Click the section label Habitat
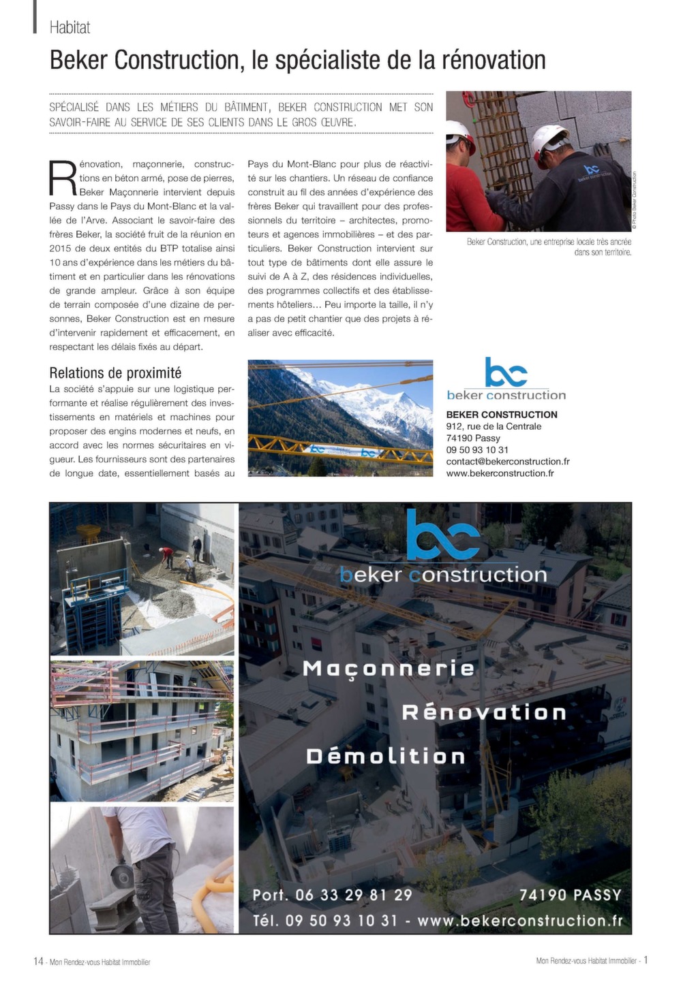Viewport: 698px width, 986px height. [70, 27]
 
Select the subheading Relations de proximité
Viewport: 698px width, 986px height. [115, 372]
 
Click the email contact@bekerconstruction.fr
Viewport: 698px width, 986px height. [507, 461]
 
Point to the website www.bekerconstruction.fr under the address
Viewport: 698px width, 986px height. [500, 473]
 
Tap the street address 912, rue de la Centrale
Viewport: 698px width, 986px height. [494, 426]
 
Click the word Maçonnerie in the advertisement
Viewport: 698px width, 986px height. [389, 668]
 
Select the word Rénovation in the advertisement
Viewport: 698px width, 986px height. [484, 712]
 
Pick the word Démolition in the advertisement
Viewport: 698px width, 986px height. [386, 757]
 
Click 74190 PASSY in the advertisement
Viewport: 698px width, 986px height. [571, 895]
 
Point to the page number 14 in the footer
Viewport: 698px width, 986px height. [38, 961]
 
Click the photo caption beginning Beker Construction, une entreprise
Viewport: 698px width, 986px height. [549, 246]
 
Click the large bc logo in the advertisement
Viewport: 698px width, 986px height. [443, 535]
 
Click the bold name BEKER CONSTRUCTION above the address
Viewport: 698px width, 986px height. [502, 415]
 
